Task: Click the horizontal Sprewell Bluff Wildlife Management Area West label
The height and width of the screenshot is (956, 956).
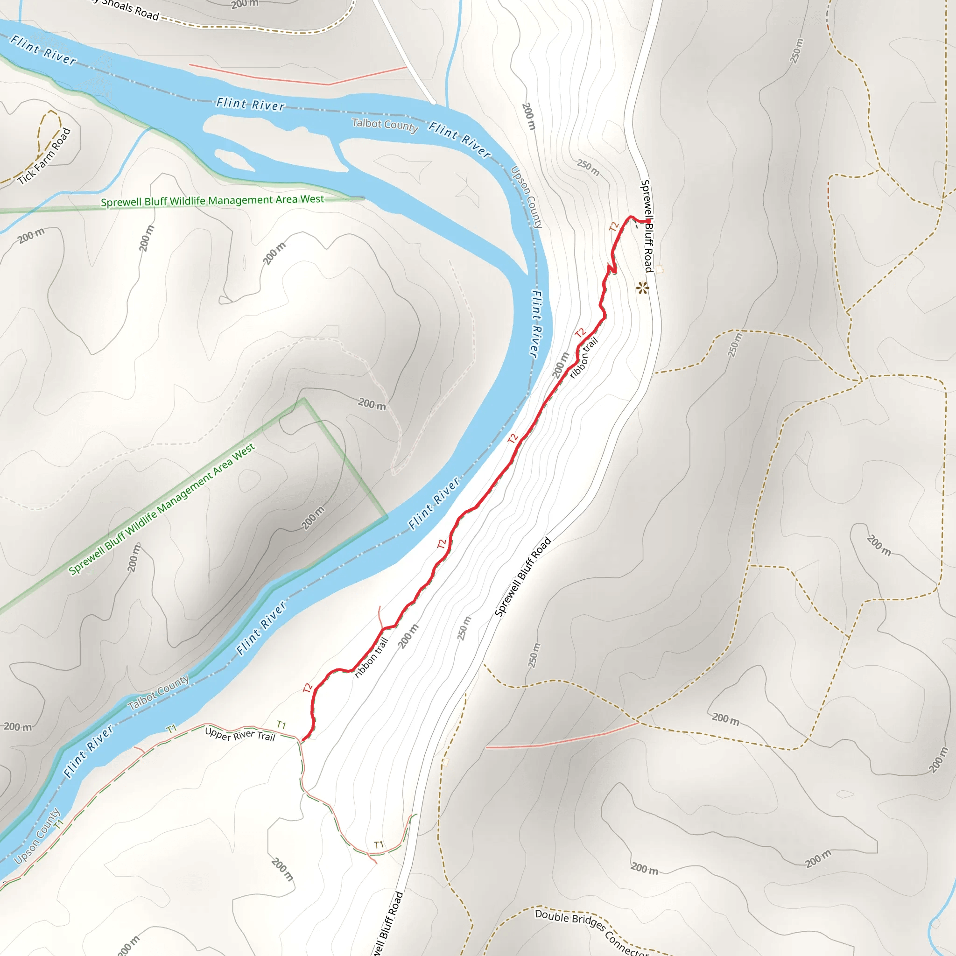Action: (x=212, y=200)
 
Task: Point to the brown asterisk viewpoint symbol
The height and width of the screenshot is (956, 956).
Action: (x=642, y=288)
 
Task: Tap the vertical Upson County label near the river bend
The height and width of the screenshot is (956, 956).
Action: (x=527, y=197)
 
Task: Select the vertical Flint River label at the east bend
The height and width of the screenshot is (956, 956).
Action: (x=535, y=323)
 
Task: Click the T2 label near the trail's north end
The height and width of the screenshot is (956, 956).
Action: (x=614, y=226)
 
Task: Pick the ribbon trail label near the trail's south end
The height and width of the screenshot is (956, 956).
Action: (x=371, y=657)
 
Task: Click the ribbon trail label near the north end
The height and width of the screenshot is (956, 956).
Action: (x=584, y=357)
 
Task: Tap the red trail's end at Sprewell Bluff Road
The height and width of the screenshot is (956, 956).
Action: (x=648, y=221)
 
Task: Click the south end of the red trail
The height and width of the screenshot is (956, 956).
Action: (x=303, y=740)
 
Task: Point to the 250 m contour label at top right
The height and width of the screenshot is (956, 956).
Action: (x=796, y=50)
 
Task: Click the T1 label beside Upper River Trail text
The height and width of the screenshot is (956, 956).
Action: (x=281, y=725)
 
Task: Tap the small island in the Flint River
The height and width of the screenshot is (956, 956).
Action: (x=232, y=159)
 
